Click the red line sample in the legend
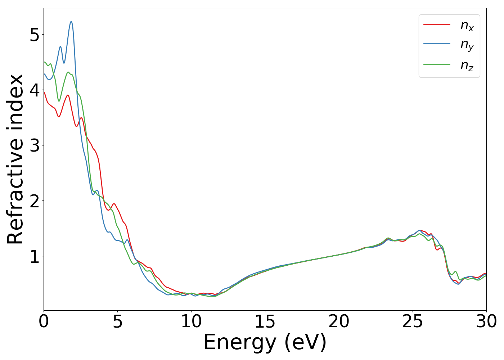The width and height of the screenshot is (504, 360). click(437, 24)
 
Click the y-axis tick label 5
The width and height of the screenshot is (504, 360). click(35, 35)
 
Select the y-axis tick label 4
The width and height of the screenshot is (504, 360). click(35, 90)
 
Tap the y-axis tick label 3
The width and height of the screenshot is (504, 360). click(35, 145)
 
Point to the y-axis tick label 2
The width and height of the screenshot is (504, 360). click(35, 201)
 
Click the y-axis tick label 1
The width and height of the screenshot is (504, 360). click(35, 256)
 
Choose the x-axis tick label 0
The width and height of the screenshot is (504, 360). click(44, 321)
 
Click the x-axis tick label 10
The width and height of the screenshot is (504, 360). click(191, 321)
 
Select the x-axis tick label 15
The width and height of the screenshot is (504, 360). click(265, 321)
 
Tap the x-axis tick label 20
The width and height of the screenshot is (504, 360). click(339, 321)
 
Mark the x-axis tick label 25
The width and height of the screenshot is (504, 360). click(413, 321)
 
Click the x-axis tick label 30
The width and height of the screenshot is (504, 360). click(486, 321)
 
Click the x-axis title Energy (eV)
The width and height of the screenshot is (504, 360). click(265, 342)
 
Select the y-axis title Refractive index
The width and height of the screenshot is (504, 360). click(15, 159)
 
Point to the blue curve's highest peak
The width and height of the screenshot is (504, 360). click(71, 22)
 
